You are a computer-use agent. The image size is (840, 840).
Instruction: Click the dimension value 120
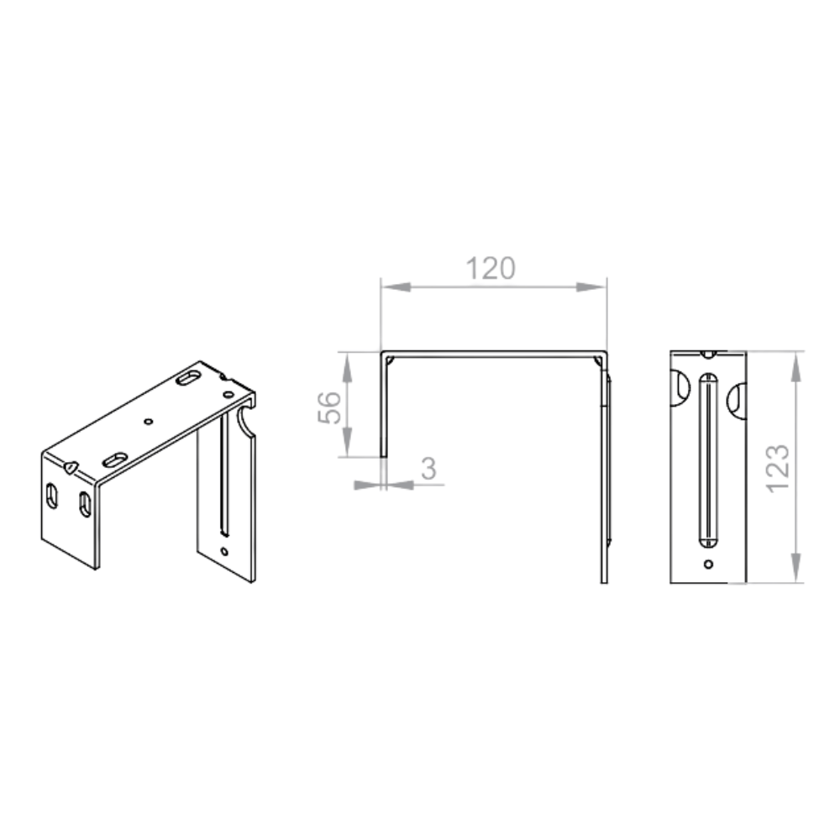click(491, 269)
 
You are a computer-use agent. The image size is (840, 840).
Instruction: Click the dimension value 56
click(329, 407)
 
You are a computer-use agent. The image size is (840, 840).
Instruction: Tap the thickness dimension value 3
click(428, 469)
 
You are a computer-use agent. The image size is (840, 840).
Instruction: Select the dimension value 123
click(777, 469)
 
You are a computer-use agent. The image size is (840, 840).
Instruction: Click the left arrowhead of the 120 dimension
click(396, 287)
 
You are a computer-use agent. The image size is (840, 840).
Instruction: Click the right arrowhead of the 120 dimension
click(591, 287)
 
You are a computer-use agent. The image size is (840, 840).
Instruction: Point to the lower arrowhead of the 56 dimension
click(347, 442)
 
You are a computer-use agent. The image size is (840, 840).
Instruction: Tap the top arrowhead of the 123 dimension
click(796, 368)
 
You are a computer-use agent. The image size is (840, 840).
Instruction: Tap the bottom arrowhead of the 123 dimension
click(796, 567)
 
